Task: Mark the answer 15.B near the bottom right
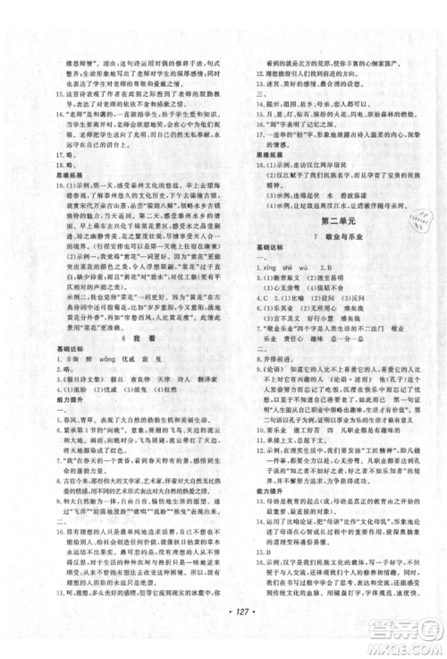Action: pos(259,526)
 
